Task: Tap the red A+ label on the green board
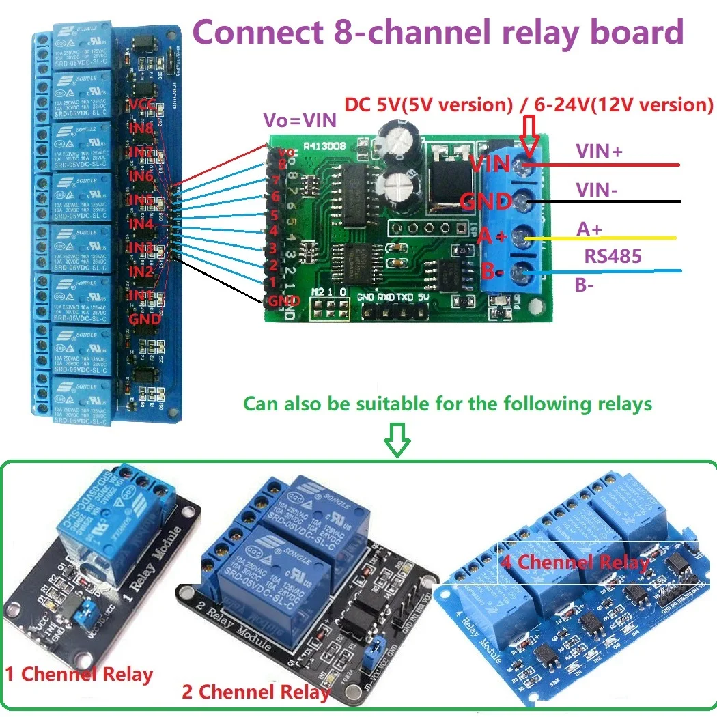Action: (491, 237)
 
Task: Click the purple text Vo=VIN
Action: (300, 121)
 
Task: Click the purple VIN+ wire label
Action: (599, 151)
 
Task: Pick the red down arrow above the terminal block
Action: (529, 132)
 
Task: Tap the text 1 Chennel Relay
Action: (79, 674)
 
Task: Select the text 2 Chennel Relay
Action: (255, 691)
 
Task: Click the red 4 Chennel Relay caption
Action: (574, 562)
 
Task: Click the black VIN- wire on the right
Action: (615, 201)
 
